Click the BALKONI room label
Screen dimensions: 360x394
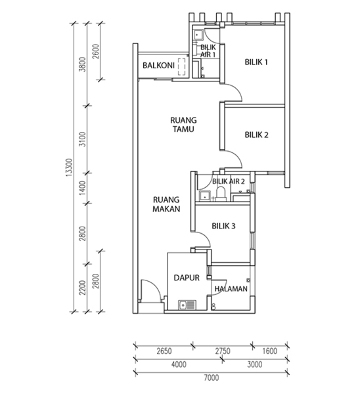(158, 66)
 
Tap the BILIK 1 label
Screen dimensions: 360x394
(256, 62)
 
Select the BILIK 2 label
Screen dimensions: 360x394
(256, 135)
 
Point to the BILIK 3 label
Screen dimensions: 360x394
(223, 226)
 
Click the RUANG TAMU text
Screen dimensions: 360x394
(183, 124)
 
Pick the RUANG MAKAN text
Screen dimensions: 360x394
(166, 204)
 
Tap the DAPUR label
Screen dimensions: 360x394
(187, 278)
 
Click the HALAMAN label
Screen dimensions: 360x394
(231, 289)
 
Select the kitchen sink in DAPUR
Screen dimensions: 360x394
(187, 305)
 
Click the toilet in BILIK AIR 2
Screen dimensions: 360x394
(221, 194)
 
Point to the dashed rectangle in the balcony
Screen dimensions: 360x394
(182, 67)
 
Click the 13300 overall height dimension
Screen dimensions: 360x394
(69, 167)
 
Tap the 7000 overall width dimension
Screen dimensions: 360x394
(211, 378)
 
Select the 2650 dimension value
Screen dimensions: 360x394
(164, 351)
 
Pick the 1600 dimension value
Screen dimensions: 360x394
(269, 351)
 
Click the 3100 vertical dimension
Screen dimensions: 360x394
(82, 139)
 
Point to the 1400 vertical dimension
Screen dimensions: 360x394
(82, 188)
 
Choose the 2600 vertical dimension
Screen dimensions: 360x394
(95, 51)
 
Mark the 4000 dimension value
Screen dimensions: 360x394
(179, 364)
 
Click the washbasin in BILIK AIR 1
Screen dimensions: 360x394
(198, 35)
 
